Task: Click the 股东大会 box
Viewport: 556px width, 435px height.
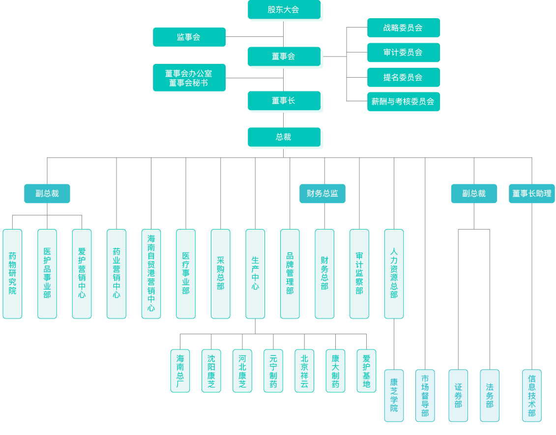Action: pyautogui.click(x=284, y=10)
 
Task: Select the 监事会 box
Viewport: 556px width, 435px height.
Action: pyautogui.click(x=189, y=37)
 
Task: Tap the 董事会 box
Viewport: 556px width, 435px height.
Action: pyautogui.click(x=284, y=57)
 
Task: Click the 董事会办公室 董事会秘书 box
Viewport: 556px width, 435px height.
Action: pyautogui.click(x=189, y=78)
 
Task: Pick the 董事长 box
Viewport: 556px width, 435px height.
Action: pyautogui.click(x=284, y=101)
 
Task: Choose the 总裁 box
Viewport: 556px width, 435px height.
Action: pyautogui.click(x=284, y=137)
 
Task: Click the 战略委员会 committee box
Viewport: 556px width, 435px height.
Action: pyautogui.click(x=403, y=28)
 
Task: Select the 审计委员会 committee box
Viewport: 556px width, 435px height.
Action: pyautogui.click(x=403, y=53)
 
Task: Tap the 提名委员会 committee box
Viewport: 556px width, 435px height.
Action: pyautogui.click(x=403, y=77)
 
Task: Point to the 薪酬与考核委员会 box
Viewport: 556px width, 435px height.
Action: pyautogui.click(x=403, y=102)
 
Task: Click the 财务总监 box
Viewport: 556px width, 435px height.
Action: pyautogui.click(x=322, y=194)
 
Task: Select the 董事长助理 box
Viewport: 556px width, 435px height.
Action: pyautogui.click(x=531, y=194)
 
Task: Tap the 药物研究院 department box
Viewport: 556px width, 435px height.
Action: pyautogui.click(x=12, y=274)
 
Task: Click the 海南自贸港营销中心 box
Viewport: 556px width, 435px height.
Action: pyautogui.click(x=151, y=274)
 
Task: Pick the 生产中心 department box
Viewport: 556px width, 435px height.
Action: pyautogui.click(x=255, y=274)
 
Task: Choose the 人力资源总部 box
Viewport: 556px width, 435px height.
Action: pyautogui.click(x=394, y=274)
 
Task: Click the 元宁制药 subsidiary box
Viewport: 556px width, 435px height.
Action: pyautogui.click(x=273, y=371)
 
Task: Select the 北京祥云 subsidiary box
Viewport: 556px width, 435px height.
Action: pyautogui.click(x=304, y=371)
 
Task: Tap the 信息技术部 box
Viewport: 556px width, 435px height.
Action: pyautogui.click(x=531, y=396)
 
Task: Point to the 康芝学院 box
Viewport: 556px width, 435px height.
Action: pyautogui.click(x=394, y=396)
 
